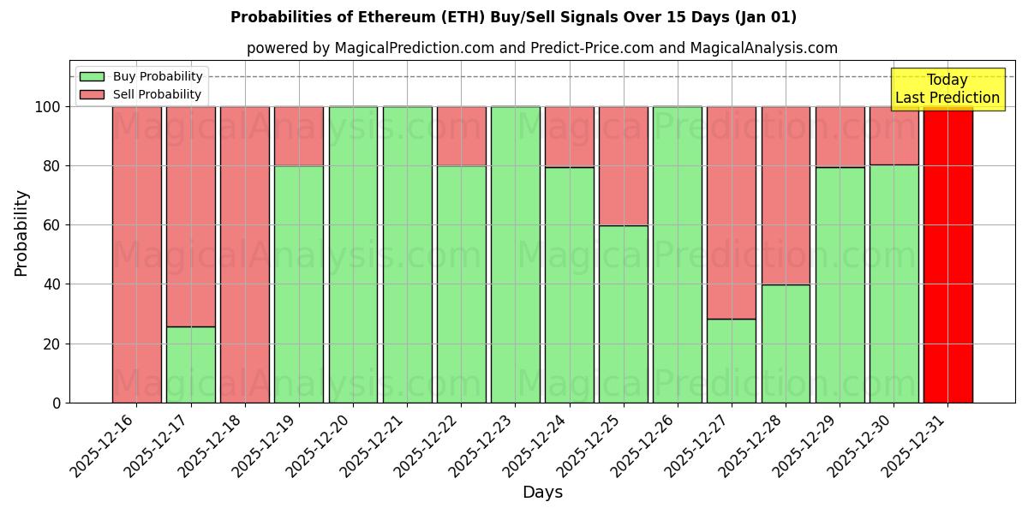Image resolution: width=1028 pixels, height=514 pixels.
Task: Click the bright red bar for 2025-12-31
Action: pyautogui.click(x=947, y=257)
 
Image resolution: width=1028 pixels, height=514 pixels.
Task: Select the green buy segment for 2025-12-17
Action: pyautogui.click(x=191, y=364)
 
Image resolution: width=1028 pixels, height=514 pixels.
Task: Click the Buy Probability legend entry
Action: pyautogui.click(x=141, y=76)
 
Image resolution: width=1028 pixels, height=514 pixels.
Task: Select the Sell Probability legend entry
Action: pyautogui.click(x=141, y=94)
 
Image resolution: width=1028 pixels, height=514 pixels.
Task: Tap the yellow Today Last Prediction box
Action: pyautogui.click(x=947, y=89)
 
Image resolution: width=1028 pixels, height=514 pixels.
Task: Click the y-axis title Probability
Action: pyautogui.click(x=21, y=232)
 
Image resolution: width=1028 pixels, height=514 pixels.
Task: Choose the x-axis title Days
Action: pyautogui.click(x=542, y=493)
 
